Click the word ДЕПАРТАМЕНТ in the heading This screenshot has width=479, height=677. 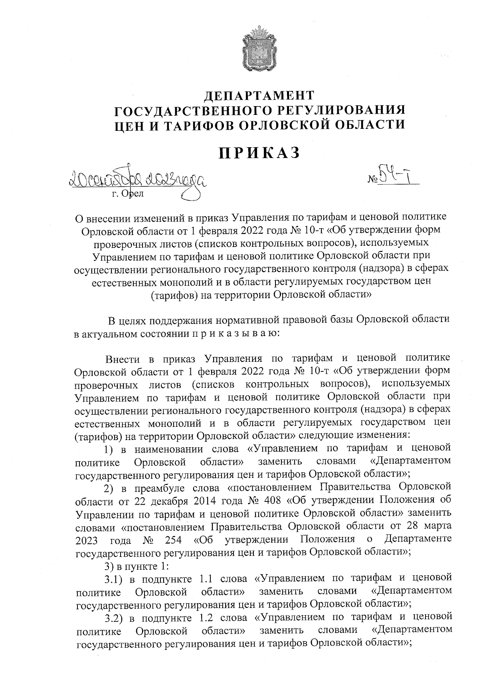tap(259, 96)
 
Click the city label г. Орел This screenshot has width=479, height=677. tap(127, 194)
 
